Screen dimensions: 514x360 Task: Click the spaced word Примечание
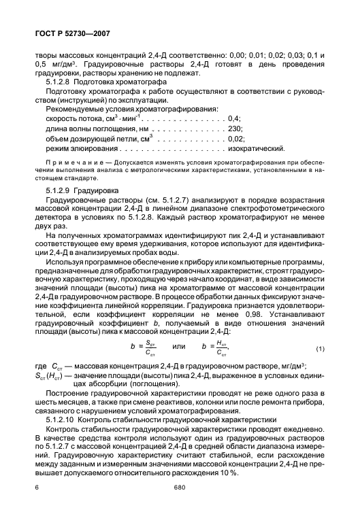(x=69, y=164)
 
